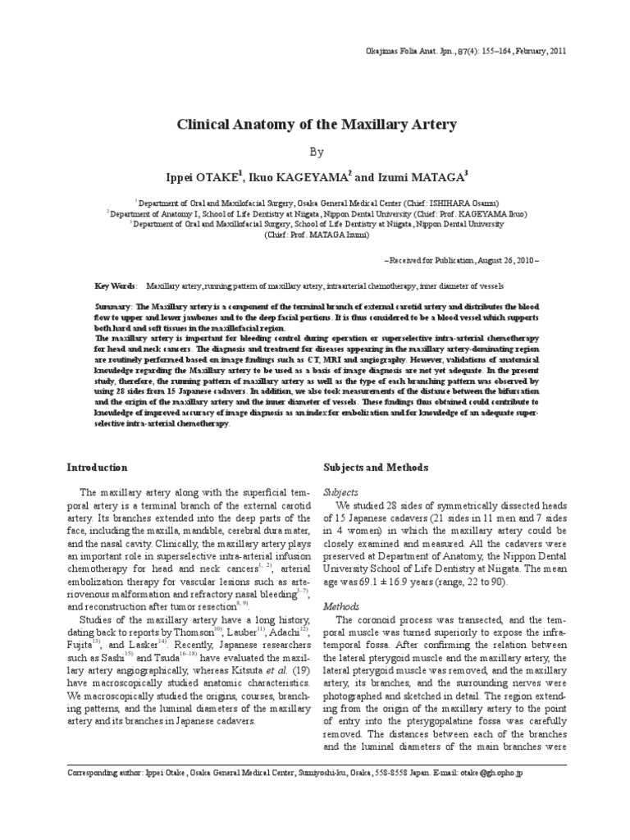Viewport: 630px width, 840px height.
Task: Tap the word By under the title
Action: coord(317,152)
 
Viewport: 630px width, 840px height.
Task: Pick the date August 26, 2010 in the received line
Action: coord(506,259)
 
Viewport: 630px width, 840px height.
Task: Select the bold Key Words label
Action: coord(116,287)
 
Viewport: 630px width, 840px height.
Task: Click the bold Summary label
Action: coord(114,305)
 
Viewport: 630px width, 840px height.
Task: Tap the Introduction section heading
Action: coord(97,467)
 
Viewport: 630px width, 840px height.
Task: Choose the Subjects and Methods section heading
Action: coord(377,467)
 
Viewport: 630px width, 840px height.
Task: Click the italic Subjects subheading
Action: coord(343,492)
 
